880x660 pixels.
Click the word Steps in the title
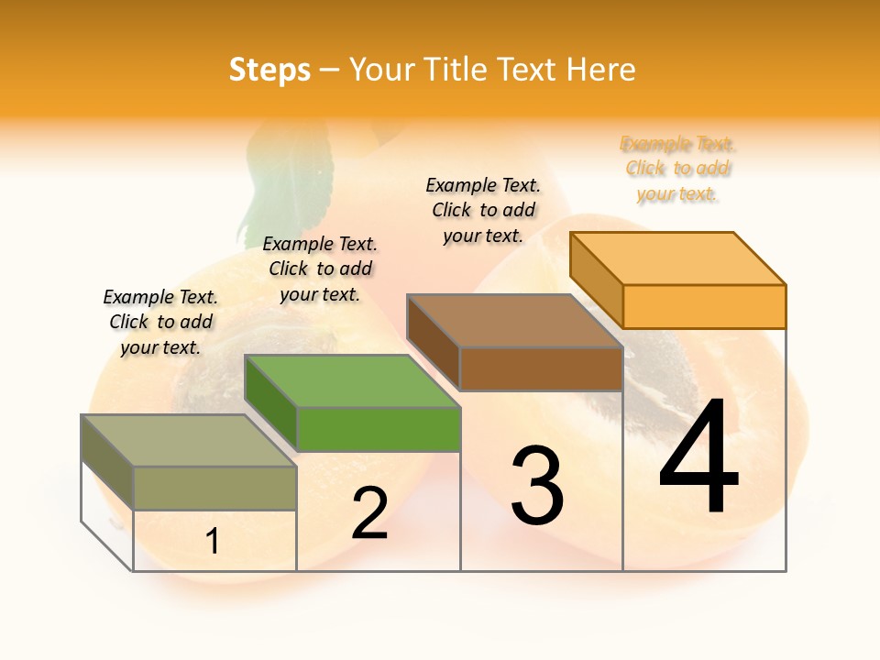pos(269,71)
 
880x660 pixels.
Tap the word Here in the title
pos(600,71)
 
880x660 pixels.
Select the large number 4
pos(698,458)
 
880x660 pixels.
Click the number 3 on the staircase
pos(536,486)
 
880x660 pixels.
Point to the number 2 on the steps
pos(369,513)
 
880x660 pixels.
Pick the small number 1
pos(213,542)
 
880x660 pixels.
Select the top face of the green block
pos(352,381)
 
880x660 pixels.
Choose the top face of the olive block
pos(189,440)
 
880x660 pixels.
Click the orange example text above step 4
pos(677,169)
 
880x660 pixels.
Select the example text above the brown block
pos(483,210)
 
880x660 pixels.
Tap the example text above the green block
pos(320,269)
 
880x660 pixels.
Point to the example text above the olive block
pos(160,322)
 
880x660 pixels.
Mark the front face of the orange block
pos(704,306)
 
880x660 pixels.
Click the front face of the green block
pos(378,429)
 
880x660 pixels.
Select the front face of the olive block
pos(214,488)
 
